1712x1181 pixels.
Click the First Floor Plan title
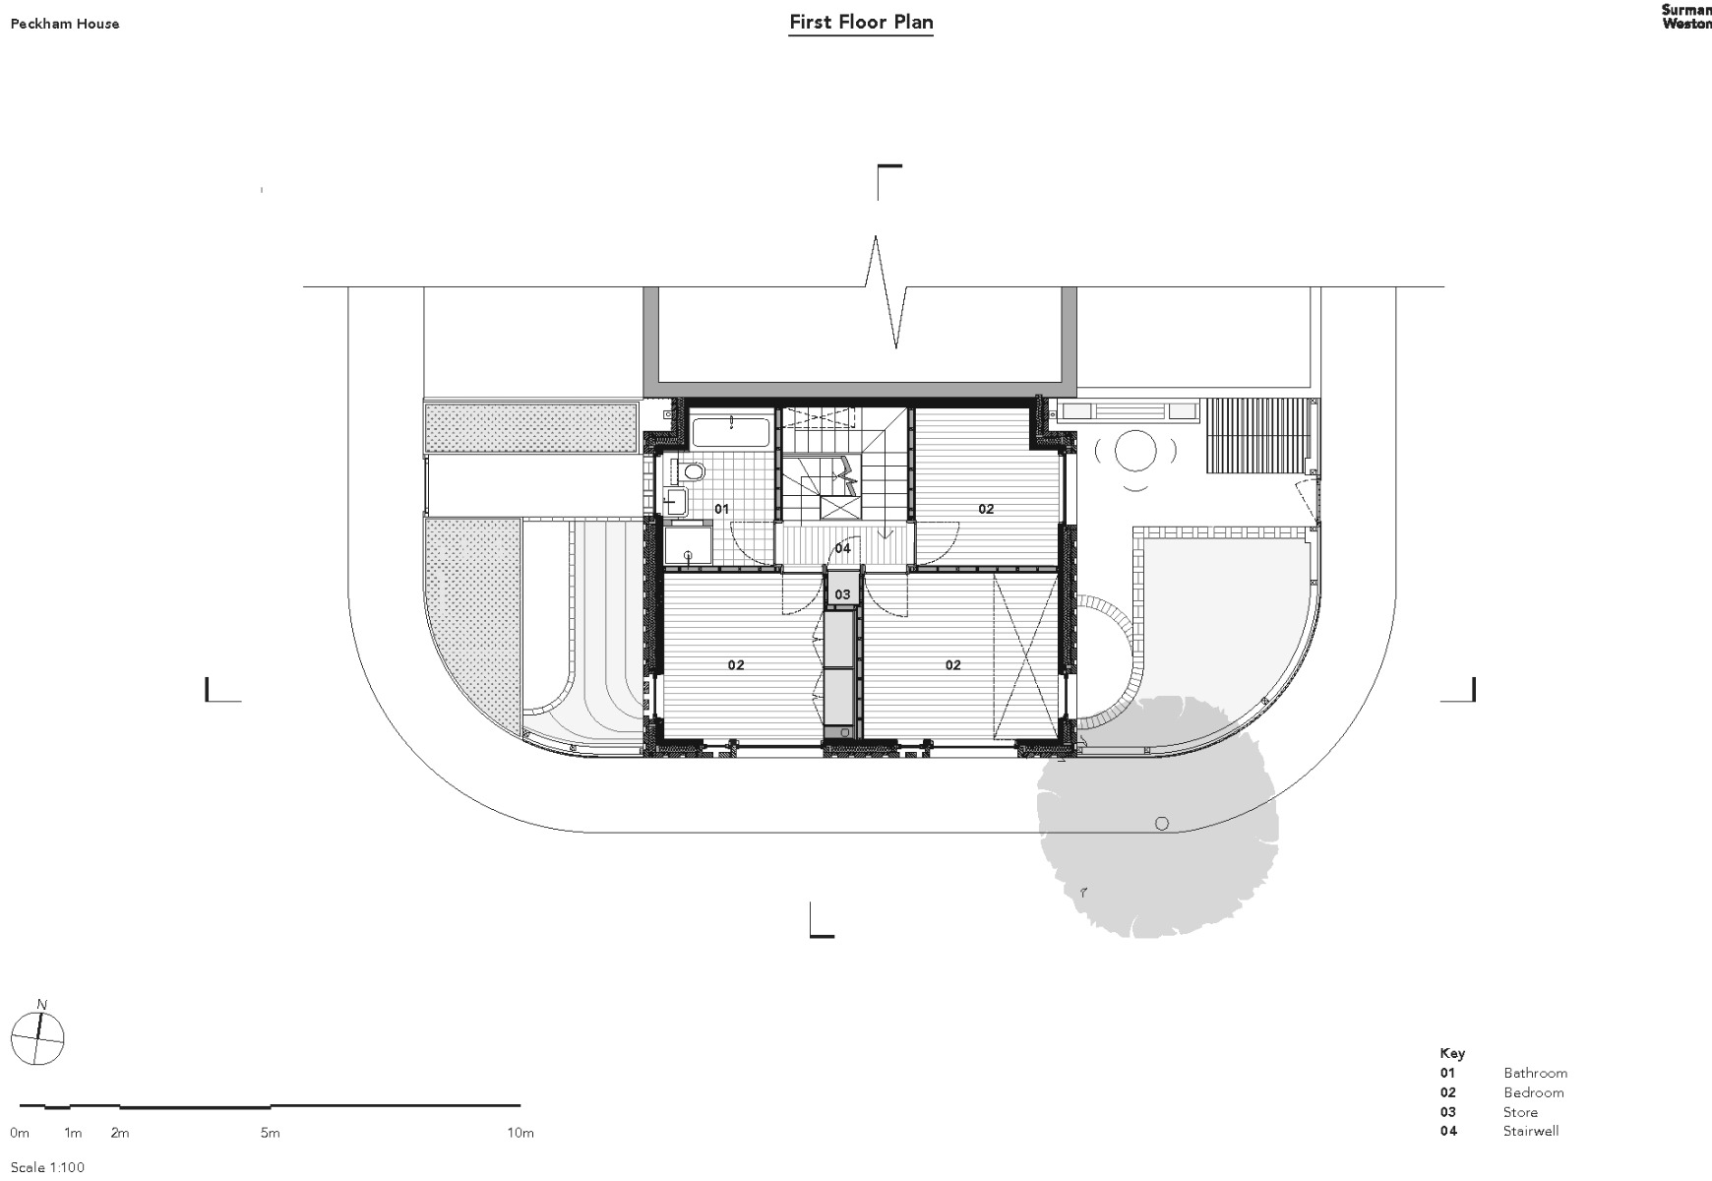tap(861, 22)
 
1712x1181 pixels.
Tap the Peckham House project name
tap(65, 24)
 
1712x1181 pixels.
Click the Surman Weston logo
tap(1686, 17)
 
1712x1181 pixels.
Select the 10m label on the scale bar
tap(520, 1133)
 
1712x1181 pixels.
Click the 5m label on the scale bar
tap(270, 1133)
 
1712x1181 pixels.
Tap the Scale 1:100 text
tap(47, 1167)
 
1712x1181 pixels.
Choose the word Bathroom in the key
tap(1535, 1073)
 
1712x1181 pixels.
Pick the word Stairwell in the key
tap(1531, 1131)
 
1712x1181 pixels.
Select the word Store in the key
tap(1520, 1112)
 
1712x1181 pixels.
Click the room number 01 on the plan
tap(722, 509)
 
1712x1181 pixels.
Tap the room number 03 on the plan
tap(842, 594)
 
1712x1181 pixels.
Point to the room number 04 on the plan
tap(842, 548)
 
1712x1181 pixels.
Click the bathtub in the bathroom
tap(731, 432)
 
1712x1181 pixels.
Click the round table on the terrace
tap(1135, 452)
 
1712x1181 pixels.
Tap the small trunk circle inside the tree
tap(1162, 823)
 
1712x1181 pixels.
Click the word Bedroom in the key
tap(1533, 1092)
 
